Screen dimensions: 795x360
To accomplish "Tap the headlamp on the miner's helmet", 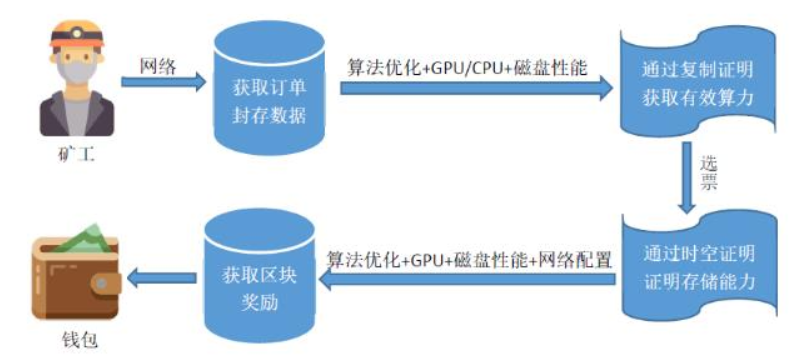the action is click(x=77, y=33).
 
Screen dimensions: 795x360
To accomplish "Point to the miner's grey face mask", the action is click(x=77, y=72).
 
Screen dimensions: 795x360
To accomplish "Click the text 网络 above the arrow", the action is click(x=158, y=66).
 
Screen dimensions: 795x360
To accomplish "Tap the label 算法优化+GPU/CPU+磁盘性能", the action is click(x=467, y=68).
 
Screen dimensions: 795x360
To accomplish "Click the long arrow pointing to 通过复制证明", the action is click(x=477, y=89).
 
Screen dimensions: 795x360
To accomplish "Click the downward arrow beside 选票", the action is click(x=688, y=177).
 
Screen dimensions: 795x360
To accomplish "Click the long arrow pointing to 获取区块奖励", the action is click(x=467, y=279).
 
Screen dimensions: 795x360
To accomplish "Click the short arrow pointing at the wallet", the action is click(x=162, y=278).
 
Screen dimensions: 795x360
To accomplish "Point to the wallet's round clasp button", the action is click(x=102, y=282).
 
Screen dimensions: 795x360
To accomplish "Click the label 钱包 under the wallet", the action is click(x=77, y=340).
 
